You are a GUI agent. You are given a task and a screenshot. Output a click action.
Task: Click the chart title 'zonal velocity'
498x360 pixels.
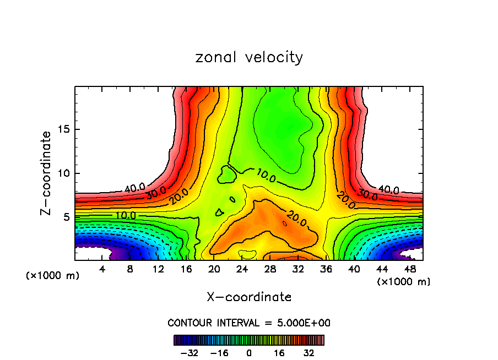pos(249,57)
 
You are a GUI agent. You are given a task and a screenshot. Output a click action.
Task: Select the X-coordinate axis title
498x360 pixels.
pos(249,297)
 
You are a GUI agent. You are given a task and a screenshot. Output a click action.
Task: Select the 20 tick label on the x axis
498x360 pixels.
pos(214,269)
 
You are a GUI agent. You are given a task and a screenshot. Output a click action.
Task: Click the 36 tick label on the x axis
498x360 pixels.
pos(326,269)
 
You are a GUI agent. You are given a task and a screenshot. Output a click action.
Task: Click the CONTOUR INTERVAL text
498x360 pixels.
pos(249,323)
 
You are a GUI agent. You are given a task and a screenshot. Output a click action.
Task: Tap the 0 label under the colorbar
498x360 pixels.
pos(249,352)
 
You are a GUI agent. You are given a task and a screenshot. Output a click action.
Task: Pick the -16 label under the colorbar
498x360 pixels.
pos(219,352)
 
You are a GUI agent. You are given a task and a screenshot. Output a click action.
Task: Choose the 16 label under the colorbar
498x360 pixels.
pos(279,352)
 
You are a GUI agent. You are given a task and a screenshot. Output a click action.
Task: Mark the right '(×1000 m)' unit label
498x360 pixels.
pos(404,282)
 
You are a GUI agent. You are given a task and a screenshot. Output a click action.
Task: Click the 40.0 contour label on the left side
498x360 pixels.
pos(134,187)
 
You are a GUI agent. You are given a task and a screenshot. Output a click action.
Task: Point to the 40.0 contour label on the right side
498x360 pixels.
pos(389,190)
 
